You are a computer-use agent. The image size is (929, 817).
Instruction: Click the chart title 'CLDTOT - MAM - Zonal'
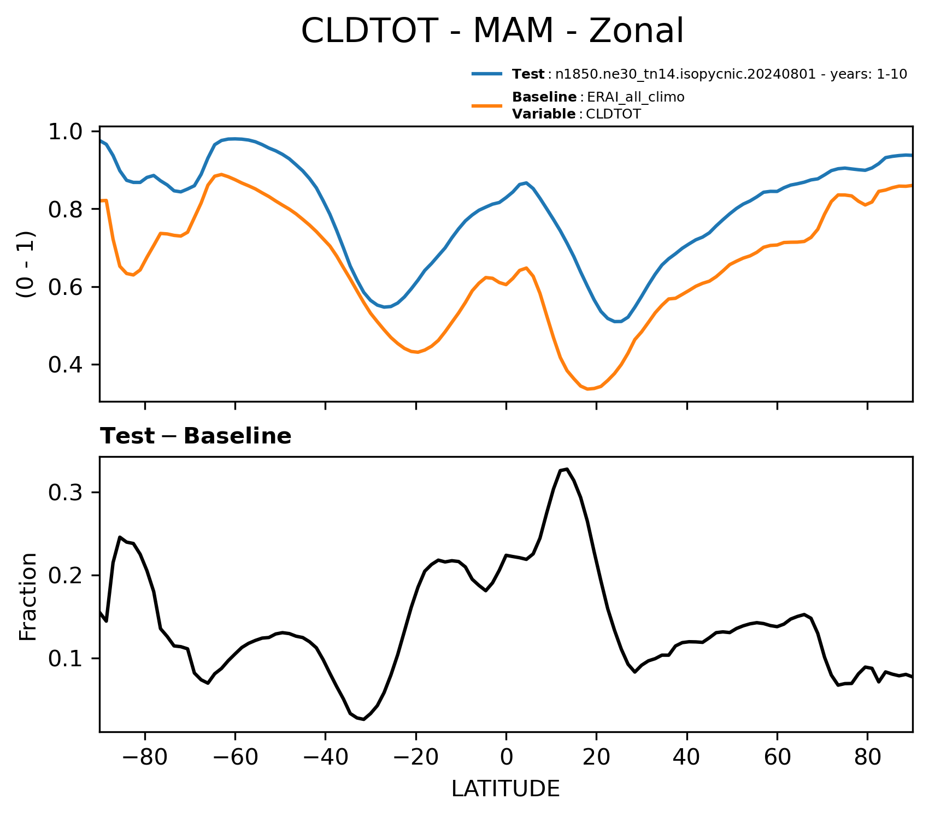pyautogui.click(x=492, y=31)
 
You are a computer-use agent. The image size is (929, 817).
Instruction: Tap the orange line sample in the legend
pyautogui.click(x=487, y=105)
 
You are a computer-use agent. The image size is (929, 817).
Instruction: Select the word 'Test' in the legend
pyautogui.click(x=528, y=74)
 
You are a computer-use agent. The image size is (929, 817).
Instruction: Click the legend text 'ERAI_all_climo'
pyautogui.click(x=636, y=97)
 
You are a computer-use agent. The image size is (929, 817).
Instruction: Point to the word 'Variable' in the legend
pyautogui.click(x=543, y=114)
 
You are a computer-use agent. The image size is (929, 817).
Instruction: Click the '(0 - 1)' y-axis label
pyautogui.click(x=26, y=264)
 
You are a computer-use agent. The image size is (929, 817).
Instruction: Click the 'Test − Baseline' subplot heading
pyautogui.click(x=195, y=436)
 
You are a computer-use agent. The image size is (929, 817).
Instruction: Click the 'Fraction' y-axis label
pyautogui.click(x=28, y=596)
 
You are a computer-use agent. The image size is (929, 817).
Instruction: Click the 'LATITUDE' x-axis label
pyautogui.click(x=505, y=789)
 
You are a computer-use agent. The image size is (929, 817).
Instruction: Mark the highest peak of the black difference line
pyautogui.click(x=567, y=469)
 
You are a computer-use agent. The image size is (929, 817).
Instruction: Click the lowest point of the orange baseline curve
pyautogui.click(x=589, y=389)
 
